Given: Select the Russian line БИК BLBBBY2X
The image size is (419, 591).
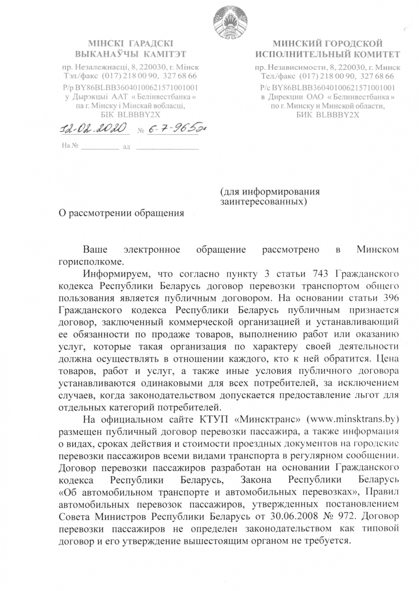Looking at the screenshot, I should tap(328, 115).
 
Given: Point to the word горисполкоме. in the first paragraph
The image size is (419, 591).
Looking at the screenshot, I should tap(85, 261).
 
